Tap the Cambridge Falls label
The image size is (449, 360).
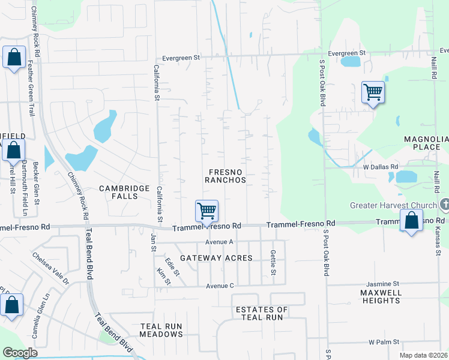pyautogui.click(x=124, y=192)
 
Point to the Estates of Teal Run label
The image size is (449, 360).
pyautogui.click(x=261, y=313)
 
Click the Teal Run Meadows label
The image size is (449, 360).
pyautogui.click(x=161, y=330)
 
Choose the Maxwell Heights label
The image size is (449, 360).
pyautogui.click(x=381, y=296)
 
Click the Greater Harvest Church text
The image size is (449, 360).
pyautogui.click(x=393, y=206)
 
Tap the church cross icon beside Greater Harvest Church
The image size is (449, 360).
pyautogui.click(x=444, y=205)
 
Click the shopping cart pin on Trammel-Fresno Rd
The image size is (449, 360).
pyautogui.click(x=206, y=211)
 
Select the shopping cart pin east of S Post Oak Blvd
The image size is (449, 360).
pyautogui.click(x=373, y=92)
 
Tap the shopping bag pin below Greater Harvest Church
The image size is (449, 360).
pyautogui.click(x=412, y=220)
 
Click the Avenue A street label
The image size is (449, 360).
pyautogui.click(x=219, y=242)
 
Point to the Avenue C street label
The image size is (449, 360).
pyautogui.click(x=220, y=286)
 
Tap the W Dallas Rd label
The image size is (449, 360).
pyautogui.click(x=381, y=167)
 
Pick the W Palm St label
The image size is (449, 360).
pyautogui.click(x=384, y=342)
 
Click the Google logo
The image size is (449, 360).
pyautogui.click(x=20, y=353)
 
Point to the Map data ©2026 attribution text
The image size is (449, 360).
pyautogui.click(x=423, y=355)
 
